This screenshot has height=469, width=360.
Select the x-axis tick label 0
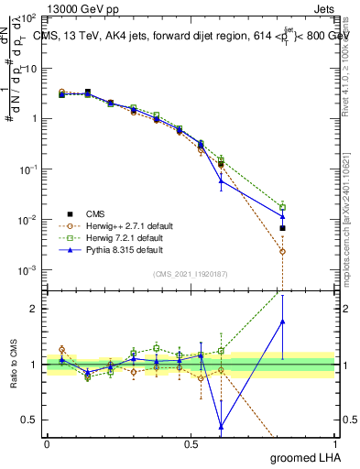point(47,443)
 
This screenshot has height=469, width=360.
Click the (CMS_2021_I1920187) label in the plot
point(191,273)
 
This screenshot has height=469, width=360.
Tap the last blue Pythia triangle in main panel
point(283,216)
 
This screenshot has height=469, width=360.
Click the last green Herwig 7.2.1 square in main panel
point(283,207)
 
